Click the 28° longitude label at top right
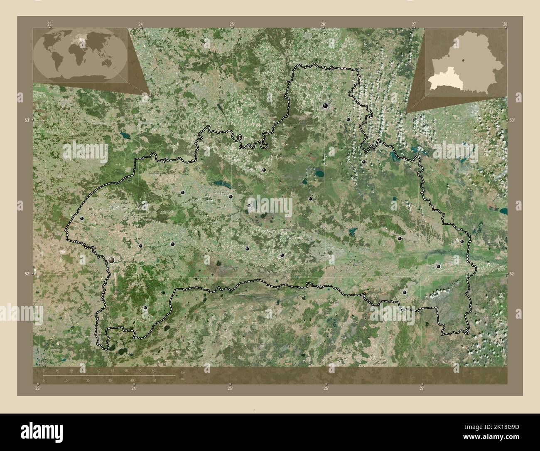505,24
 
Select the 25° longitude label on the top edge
232,24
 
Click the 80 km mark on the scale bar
153,370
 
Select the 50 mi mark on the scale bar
154,380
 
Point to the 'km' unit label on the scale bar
183,372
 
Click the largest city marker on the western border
112,260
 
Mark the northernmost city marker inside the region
326,106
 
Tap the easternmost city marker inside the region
462,241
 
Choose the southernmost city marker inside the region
145,308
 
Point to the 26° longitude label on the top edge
323,24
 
